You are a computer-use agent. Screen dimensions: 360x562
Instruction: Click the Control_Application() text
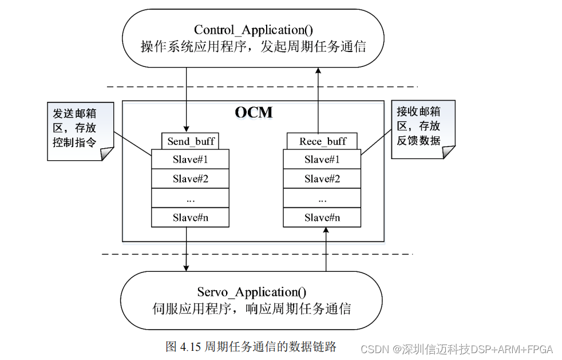click(x=252, y=30)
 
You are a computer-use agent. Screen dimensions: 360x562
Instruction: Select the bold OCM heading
click(x=254, y=112)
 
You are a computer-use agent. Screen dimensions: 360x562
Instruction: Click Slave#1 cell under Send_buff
click(x=190, y=159)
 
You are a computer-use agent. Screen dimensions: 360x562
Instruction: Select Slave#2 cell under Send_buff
click(x=190, y=179)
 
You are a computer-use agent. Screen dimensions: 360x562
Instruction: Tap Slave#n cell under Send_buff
click(x=190, y=217)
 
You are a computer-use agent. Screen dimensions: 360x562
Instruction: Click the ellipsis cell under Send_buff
click(x=190, y=198)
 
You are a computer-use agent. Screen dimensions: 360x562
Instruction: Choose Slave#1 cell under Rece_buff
click(x=322, y=159)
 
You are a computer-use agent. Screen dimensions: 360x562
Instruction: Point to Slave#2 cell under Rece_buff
click(x=322, y=179)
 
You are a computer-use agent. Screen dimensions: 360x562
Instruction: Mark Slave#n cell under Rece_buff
click(x=322, y=217)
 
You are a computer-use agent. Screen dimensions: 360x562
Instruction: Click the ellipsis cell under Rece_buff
click(x=322, y=198)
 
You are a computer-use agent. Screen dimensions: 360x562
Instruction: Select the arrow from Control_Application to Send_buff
click(x=187, y=97)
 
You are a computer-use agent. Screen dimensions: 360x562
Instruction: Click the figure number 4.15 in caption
click(x=188, y=347)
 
